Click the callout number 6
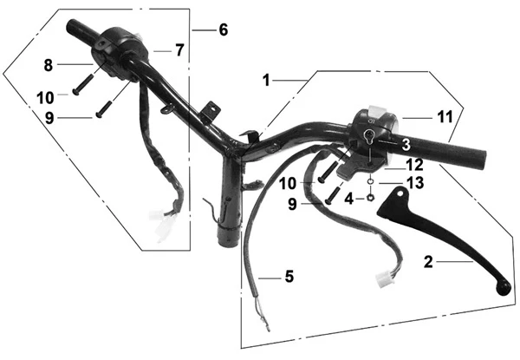point(224,29)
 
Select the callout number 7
point(179,50)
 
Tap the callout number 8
point(49,65)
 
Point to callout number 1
point(266,81)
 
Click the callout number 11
point(445,117)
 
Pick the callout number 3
point(406,145)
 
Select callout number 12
point(415,165)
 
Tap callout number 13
point(415,183)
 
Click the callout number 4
point(349,199)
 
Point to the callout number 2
point(428,262)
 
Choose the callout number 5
point(289,277)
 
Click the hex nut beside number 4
point(371,198)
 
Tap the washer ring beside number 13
point(371,181)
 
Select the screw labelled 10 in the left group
point(84,85)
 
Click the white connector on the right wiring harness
point(384,279)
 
